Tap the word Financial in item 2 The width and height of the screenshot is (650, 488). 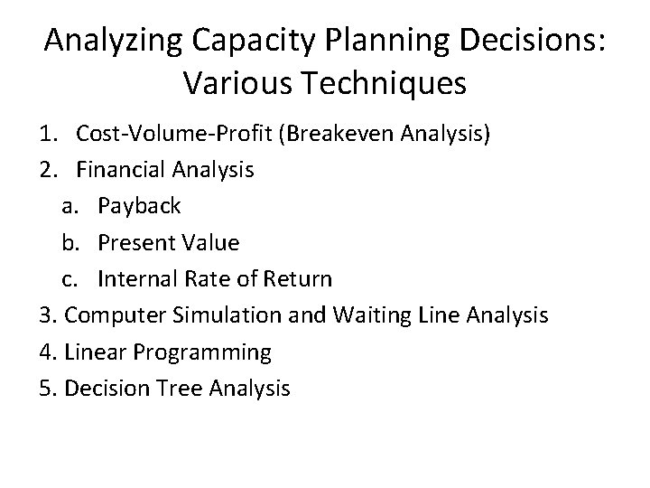coord(120,169)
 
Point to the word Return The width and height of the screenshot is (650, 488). coord(300,278)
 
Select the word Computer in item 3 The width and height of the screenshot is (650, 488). coord(108,315)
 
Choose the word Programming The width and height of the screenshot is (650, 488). coord(208,352)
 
